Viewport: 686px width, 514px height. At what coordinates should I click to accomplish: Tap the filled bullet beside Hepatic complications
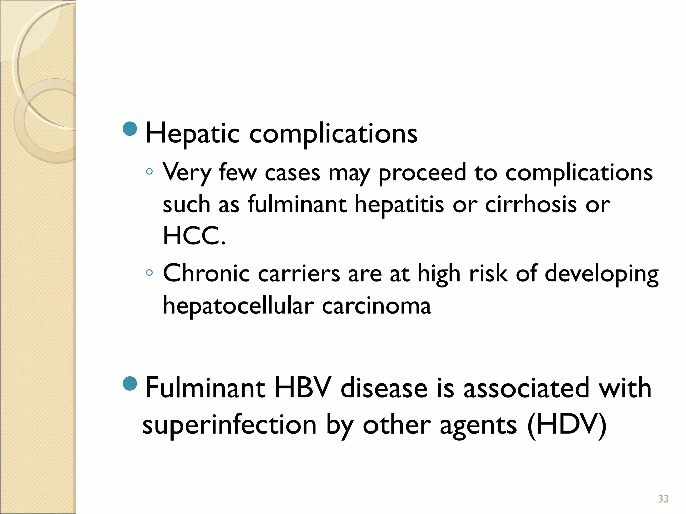pyautogui.click(x=130, y=129)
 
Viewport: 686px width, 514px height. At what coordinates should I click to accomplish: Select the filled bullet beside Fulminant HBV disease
pyautogui.click(x=130, y=383)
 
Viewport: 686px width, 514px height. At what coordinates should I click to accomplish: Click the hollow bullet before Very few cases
pyautogui.click(x=149, y=172)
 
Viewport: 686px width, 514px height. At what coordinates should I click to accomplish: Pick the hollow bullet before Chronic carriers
pyautogui.click(x=149, y=272)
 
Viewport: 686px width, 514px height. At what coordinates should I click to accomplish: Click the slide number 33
pyautogui.click(x=663, y=499)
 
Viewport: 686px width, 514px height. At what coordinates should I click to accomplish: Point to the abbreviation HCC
pyautogui.click(x=194, y=236)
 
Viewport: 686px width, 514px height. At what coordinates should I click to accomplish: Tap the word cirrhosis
pyautogui.click(x=531, y=204)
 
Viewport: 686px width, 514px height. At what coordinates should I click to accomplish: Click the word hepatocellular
pyautogui.click(x=238, y=306)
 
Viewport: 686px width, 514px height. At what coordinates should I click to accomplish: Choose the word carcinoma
pyautogui.click(x=376, y=306)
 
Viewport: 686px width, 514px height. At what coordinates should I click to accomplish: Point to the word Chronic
pyautogui.click(x=206, y=273)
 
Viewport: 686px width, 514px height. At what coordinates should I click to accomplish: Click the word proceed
pyautogui.click(x=422, y=173)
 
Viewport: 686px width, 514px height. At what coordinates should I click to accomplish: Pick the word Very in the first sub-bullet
pyautogui.click(x=187, y=173)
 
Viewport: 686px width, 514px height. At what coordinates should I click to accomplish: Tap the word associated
pyautogui.click(x=526, y=388)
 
